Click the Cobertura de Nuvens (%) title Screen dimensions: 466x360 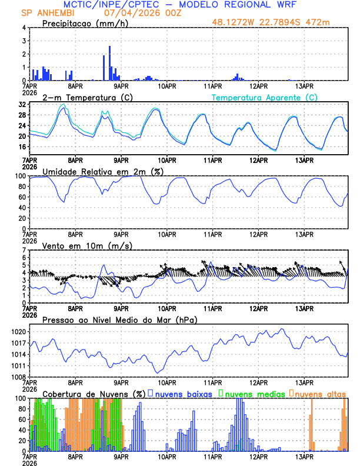(94, 394)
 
